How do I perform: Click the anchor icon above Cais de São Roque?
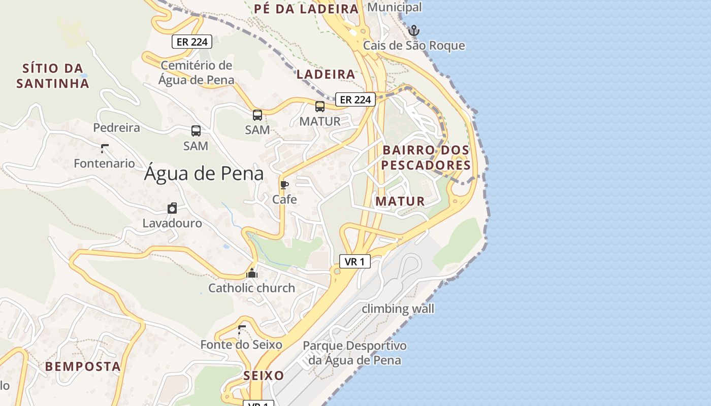[x=414, y=30]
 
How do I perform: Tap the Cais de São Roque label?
[x=414, y=46]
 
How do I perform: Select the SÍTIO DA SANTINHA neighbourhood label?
[x=53, y=76]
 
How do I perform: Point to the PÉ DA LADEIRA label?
[x=306, y=9]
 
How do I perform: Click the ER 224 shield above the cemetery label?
[x=192, y=42]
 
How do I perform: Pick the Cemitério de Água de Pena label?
[x=197, y=73]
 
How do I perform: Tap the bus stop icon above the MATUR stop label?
[x=320, y=107]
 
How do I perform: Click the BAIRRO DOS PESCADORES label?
[x=426, y=157]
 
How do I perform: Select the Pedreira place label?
[x=116, y=127]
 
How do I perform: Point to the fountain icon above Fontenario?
[x=105, y=149]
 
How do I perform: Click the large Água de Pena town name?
[x=204, y=174]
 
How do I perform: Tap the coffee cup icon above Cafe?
[x=284, y=185]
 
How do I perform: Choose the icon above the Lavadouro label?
[x=172, y=208]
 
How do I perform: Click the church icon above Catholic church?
[x=252, y=273]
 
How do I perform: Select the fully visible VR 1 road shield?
[x=354, y=261]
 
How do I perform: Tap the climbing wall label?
[x=398, y=309]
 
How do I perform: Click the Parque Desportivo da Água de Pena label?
[x=354, y=353]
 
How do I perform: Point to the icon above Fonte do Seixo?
[x=242, y=329]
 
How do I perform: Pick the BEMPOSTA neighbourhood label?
[x=83, y=366]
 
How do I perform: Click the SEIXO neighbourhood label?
[x=264, y=376]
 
